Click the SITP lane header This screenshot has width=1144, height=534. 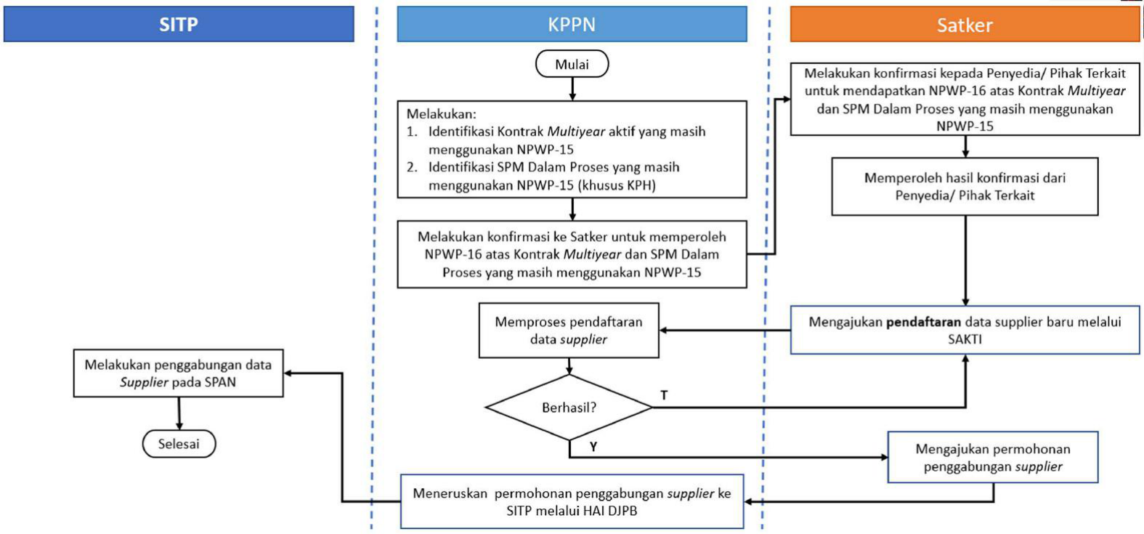coord(179,25)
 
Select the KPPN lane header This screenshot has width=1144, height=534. coord(572,25)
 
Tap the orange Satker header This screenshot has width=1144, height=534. coord(965,25)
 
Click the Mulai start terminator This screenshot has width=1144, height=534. coord(572,65)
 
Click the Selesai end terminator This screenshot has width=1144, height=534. coord(179,444)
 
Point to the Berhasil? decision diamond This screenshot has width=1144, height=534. coord(569,408)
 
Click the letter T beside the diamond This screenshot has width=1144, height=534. coord(664,395)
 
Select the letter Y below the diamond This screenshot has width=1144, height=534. coord(593,447)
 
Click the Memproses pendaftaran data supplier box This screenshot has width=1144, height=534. coord(569,331)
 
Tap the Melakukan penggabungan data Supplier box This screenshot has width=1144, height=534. coord(178,373)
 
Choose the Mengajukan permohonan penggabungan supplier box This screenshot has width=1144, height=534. coord(992,458)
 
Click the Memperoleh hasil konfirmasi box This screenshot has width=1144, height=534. coord(965,187)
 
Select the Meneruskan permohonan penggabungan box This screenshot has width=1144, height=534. coord(572,502)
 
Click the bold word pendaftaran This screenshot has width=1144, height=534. coord(923,322)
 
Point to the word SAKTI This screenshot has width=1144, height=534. coord(965,339)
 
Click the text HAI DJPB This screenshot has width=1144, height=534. coord(609,511)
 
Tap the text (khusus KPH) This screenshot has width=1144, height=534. coord(617,185)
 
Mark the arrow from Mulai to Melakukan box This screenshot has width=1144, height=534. coord(572,89)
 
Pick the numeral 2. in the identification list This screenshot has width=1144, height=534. coord(412,167)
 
